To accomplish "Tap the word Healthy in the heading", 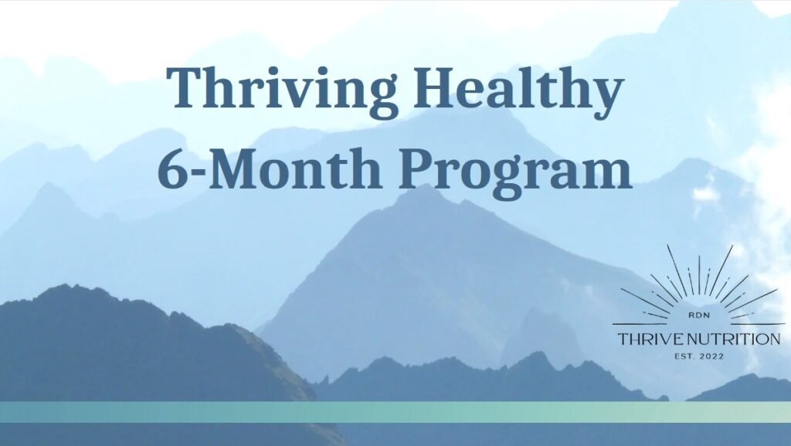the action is click(518, 90).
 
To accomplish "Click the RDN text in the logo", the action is click(699, 315).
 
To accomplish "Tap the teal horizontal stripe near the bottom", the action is click(395, 412).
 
